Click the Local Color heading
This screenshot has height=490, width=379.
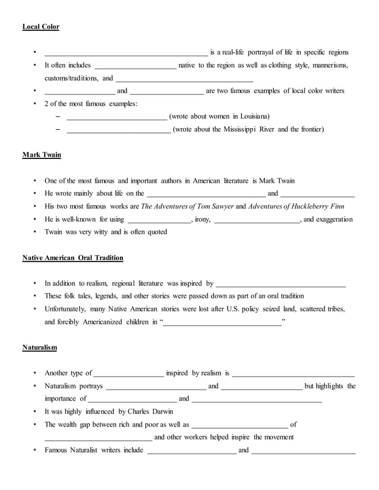click(40, 27)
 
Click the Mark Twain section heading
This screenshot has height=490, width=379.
click(42, 155)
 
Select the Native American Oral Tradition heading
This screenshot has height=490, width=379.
click(72, 258)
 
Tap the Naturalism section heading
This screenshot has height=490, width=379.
click(39, 347)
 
